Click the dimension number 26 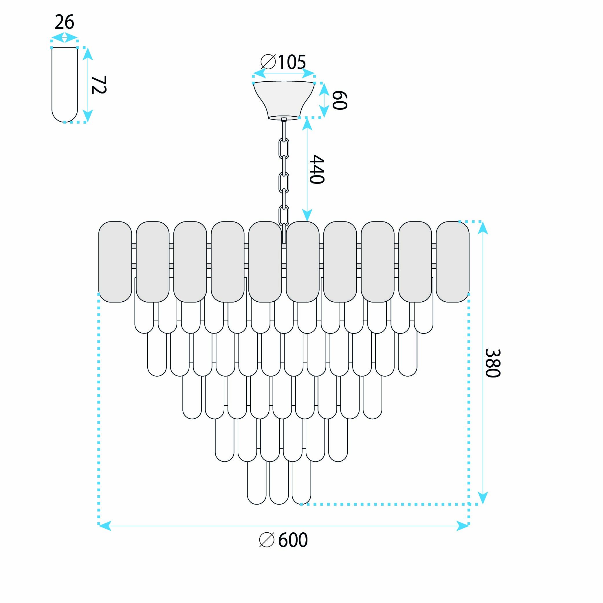pos(65,22)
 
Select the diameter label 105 pos(292,62)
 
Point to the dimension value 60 pos(340,100)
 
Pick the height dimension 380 pos(493,363)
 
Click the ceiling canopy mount pos(284,100)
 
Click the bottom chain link pos(284,215)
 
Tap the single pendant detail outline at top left pos(65,85)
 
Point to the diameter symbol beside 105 pos(268,62)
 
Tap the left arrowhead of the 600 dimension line pos(105,526)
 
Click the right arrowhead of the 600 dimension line pos(463,526)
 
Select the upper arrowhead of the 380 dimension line pos(483,228)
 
